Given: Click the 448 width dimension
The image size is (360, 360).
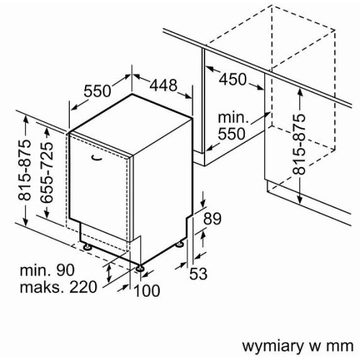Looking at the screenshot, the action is pos(163,85).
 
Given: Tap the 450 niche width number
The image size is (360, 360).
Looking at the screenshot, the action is pos(233,79).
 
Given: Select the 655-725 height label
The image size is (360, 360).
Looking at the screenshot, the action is pos(46,173).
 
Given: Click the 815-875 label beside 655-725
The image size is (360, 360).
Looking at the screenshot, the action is pos(24,170).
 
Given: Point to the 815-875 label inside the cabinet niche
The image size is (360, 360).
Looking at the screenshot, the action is pos(299,144).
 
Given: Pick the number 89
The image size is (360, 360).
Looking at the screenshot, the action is pos(212,219).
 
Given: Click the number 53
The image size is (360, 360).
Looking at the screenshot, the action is pos(198,274).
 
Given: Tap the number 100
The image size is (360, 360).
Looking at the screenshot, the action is pos(146,290).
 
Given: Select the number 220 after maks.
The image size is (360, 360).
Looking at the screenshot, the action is pos(84,287).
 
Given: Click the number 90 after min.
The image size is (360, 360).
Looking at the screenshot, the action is pos(66,270).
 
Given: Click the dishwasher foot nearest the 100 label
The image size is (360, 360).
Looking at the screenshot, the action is pos(139,268).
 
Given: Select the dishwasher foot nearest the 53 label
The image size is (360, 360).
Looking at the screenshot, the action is pos(179,245).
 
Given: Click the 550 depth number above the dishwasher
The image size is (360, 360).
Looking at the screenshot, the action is pos(97,91).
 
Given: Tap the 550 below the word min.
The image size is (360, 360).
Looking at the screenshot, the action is pos(232,134).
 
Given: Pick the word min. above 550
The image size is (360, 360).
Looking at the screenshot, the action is pos(233,118).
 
